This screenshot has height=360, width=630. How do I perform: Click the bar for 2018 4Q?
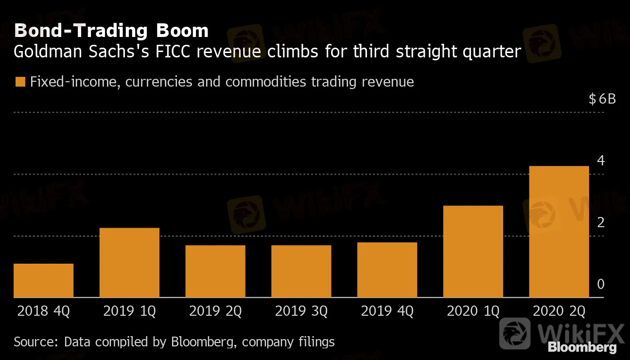tap(43, 280)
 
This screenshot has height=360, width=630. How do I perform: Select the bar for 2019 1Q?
tap(129, 263)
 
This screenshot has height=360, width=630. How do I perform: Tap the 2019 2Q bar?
tap(215, 271)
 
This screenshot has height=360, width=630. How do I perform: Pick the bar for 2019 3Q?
tap(301, 271)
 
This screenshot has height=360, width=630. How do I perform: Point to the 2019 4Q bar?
tap(387, 270)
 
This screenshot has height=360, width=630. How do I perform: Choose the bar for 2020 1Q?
tap(473, 251)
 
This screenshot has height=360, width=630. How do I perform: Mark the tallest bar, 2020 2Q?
tap(559, 232)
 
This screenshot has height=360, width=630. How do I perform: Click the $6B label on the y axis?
tap(602, 99)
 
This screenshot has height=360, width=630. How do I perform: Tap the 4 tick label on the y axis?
tap(601, 160)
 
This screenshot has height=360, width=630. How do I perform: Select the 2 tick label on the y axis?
tap(601, 222)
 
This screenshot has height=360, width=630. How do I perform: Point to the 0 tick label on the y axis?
tap(601, 284)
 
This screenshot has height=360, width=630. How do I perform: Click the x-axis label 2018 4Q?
tap(43, 311)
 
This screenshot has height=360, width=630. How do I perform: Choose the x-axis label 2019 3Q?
tap(301, 311)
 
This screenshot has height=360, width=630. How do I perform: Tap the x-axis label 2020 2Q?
tap(559, 311)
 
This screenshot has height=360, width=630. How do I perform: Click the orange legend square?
tap(19, 82)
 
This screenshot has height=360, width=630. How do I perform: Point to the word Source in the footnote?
tap(35, 342)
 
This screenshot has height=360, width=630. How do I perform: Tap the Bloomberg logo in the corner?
tap(582, 347)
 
